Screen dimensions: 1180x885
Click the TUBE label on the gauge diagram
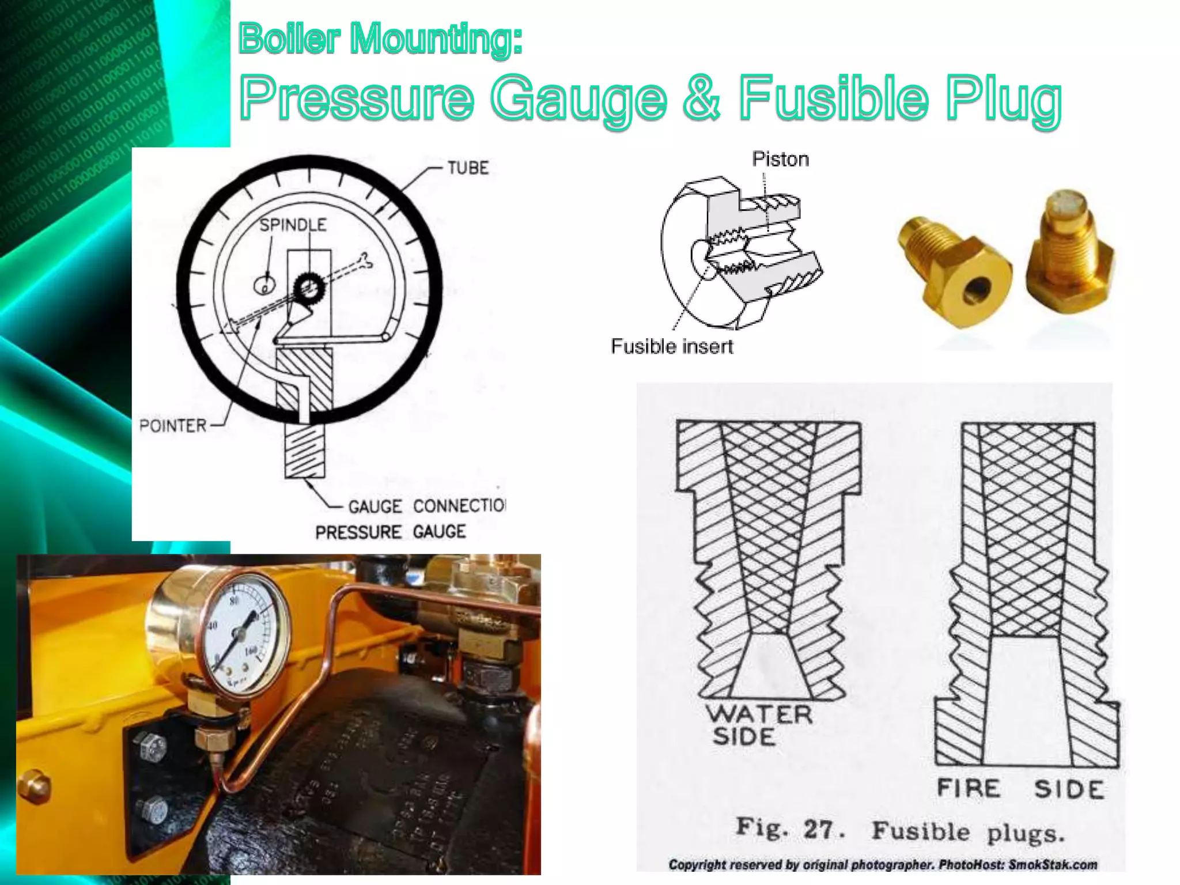[x=468, y=168]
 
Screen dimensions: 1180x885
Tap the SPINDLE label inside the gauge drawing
[x=293, y=225]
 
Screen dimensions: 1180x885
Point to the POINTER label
[x=173, y=426]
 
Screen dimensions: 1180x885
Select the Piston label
[x=780, y=159]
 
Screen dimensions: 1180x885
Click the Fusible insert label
[x=672, y=346]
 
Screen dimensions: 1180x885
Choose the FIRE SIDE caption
[x=1020, y=789]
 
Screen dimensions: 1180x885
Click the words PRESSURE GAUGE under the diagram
[x=390, y=531]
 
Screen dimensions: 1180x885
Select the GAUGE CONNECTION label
[x=426, y=506]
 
